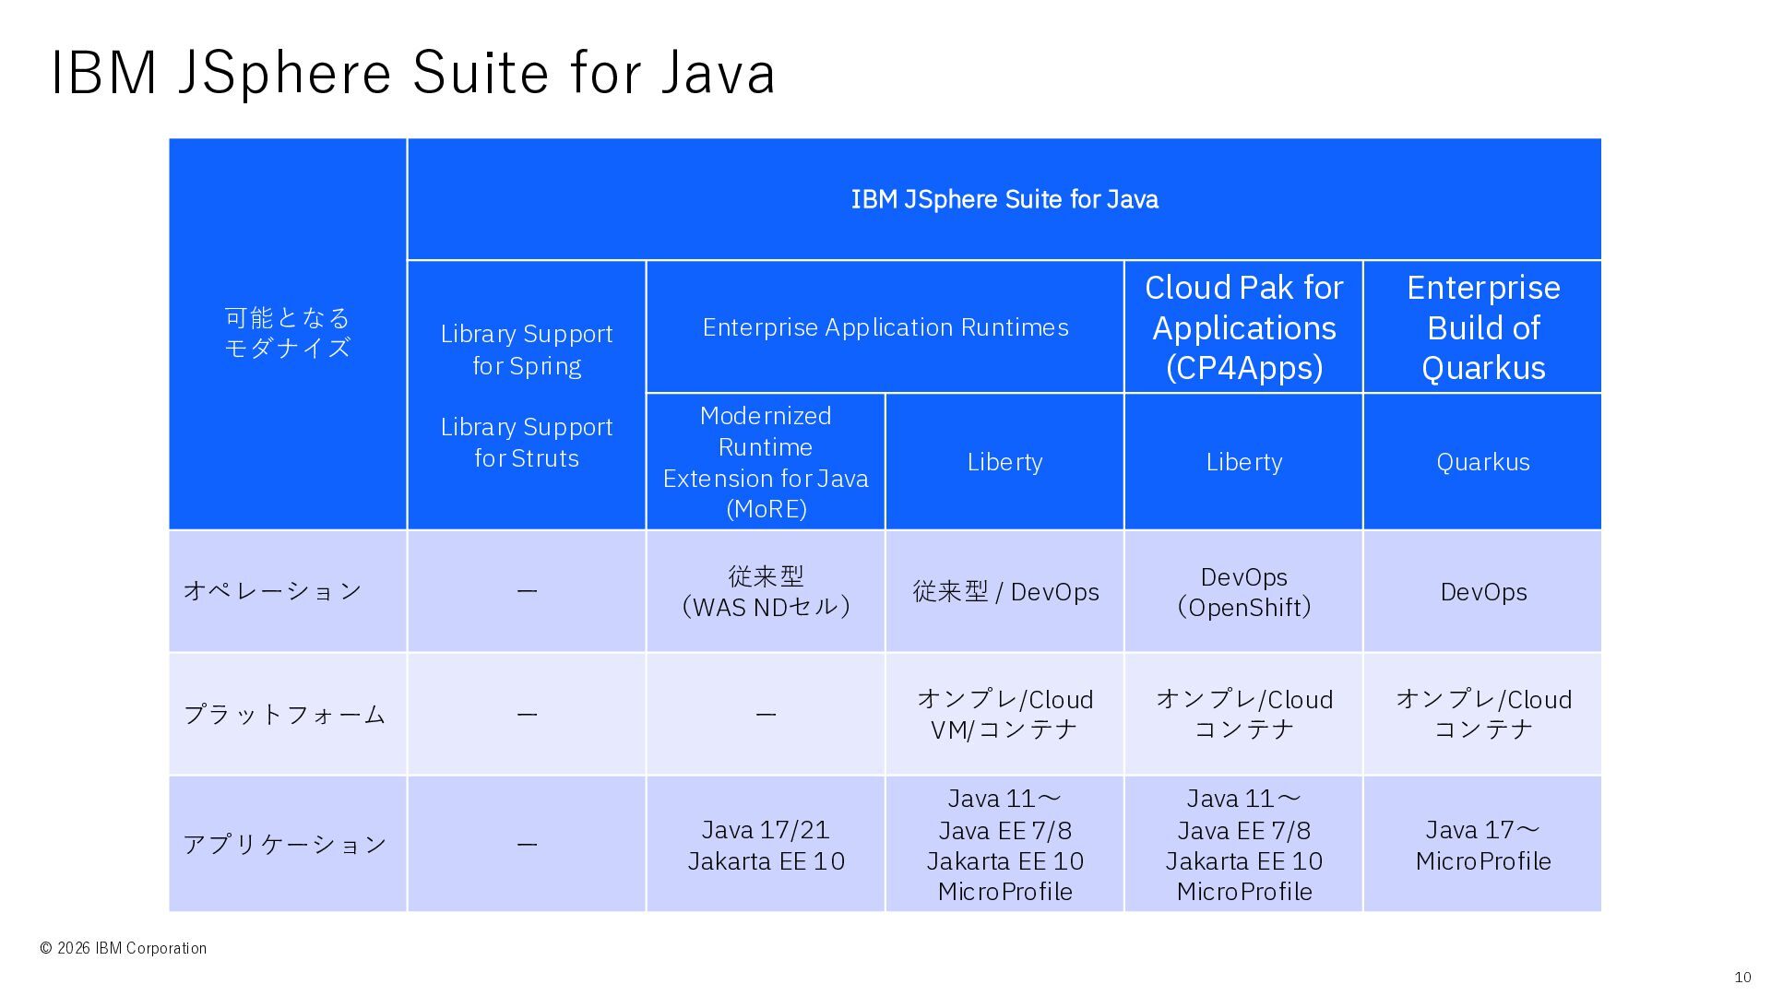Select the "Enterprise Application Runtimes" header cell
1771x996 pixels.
(885, 327)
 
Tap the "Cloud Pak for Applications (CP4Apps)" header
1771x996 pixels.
(1243, 327)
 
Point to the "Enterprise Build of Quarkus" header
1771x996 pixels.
(1482, 327)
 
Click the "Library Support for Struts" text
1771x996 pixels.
(527, 443)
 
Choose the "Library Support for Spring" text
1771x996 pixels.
(527, 350)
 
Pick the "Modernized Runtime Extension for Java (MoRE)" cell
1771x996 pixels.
(766, 462)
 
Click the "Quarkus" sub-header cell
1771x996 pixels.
(1482, 462)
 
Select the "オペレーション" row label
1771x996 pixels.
(273, 591)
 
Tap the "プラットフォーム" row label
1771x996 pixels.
(284, 714)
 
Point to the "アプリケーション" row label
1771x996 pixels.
(284, 844)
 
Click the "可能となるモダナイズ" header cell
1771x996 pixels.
(288, 333)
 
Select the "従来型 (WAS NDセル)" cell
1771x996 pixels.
(766, 591)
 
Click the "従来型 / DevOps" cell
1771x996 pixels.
(1005, 591)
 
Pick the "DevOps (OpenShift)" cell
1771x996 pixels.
(1243, 591)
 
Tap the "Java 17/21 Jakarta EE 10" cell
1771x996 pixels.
(766, 845)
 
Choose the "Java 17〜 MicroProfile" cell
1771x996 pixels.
(1482, 845)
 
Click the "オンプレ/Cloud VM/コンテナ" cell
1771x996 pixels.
(1005, 714)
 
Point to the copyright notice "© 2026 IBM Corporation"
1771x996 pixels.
(124, 948)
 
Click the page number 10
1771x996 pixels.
(1742, 978)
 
